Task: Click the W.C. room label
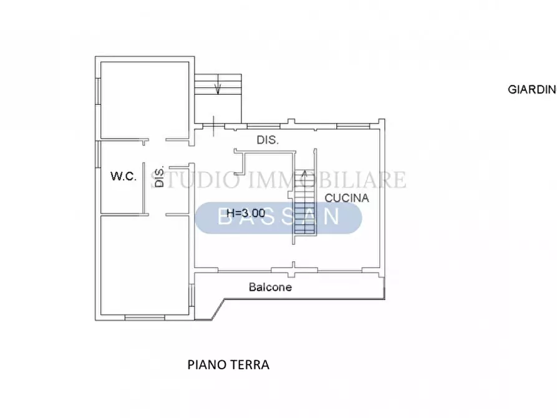pyautogui.click(x=124, y=177)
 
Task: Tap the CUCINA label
pyautogui.click(x=347, y=198)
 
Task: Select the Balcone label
pyautogui.click(x=270, y=288)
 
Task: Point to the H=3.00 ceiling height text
pyautogui.click(x=245, y=212)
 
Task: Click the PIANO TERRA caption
pyautogui.click(x=228, y=365)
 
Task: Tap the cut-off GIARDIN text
pyautogui.click(x=531, y=89)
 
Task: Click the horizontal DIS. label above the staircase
pyautogui.click(x=268, y=140)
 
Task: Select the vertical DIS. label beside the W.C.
pyautogui.click(x=160, y=177)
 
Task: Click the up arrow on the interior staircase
pyautogui.click(x=305, y=177)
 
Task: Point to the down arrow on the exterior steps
pyautogui.click(x=218, y=88)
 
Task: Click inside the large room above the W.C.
pyautogui.click(x=145, y=99)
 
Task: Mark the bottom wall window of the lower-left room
pyautogui.click(x=144, y=318)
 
